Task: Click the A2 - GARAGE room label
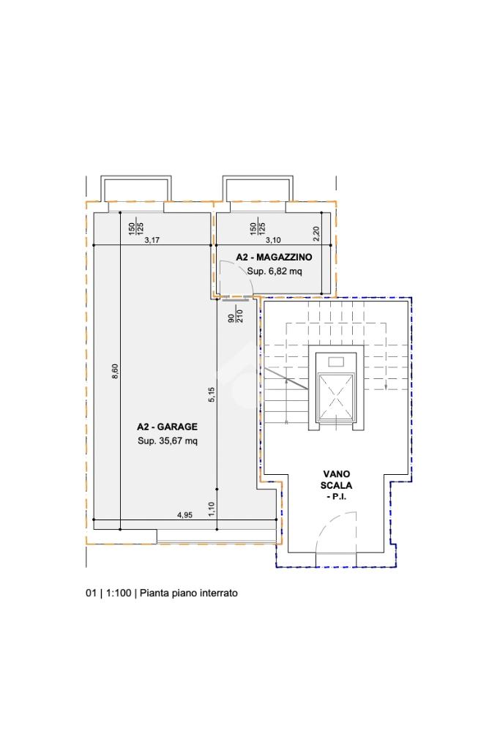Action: (x=167, y=427)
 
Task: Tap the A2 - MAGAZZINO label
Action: (x=274, y=258)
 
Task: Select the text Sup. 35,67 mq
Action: (x=168, y=441)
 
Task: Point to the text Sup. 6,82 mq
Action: (x=275, y=271)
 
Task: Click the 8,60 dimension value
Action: (x=115, y=372)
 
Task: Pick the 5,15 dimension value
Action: (x=212, y=394)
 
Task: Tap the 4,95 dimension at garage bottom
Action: (x=184, y=515)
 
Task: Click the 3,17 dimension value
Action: (x=152, y=240)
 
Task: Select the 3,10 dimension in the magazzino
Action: (x=273, y=240)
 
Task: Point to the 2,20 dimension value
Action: (x=316, y=233)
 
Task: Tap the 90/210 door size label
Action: (x=236, y=315)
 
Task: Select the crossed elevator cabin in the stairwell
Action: (x=336, y=397)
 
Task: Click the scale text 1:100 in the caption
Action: (x=119, y=593)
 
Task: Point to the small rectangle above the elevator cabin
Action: (x=336, y=361)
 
